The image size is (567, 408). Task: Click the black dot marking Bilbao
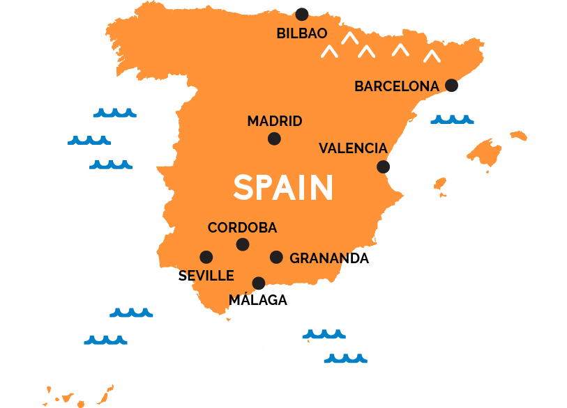tap(301, 14)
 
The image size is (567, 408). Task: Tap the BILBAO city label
tap(301, 33)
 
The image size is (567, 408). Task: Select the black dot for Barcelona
tap(451, 85)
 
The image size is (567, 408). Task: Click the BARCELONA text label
tap(397, 87)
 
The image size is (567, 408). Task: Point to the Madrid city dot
tap(274, 139)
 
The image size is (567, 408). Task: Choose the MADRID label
tap(275, 121)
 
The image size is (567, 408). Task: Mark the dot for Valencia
tap(383, 166)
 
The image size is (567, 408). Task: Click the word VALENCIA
tap(353, 148)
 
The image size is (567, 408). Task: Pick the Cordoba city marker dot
tap(242, 244)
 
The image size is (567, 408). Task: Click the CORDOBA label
tap(242, 228)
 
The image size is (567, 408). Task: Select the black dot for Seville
tap(206, 257)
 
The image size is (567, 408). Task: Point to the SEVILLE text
tap(206, 276)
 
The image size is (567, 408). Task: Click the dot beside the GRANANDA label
tap(276, 257)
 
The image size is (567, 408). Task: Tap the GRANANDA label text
tap(329, 258)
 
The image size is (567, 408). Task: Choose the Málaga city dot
tap(259, 283)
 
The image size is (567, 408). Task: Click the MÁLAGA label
tap(258, 301)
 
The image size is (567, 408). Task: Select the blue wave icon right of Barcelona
tap(452, 120)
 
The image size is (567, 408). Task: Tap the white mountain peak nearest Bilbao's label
tap(349, 38)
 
